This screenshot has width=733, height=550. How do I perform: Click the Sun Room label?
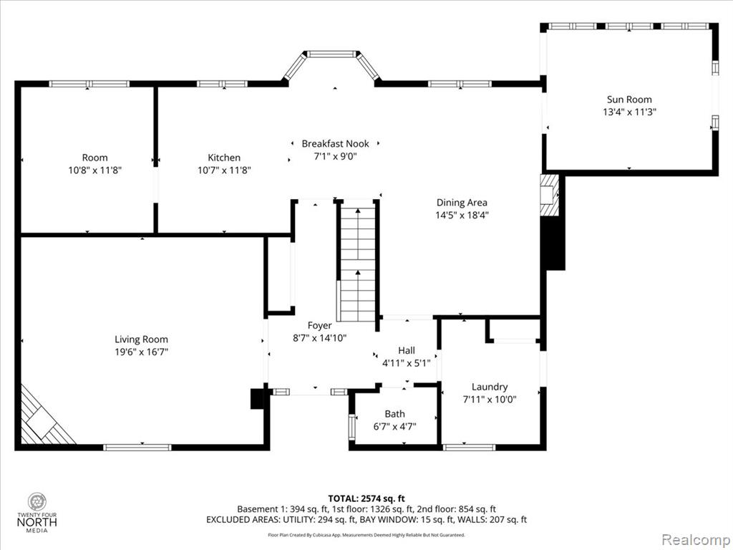tap(628, 99)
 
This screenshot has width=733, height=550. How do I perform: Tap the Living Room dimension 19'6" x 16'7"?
tap(141, 352)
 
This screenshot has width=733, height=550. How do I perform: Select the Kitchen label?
tap(224, 158)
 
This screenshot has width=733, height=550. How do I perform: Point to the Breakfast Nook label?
tap(335, 143)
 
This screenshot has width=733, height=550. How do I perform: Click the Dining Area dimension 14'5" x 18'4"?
tap(462, 215)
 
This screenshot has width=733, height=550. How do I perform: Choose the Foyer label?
tap(320, 326)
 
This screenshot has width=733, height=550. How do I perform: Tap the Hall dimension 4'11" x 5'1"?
tap(407, 363)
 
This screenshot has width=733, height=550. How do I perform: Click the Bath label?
tap(394, 414)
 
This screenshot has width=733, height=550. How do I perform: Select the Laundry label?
tap(490, 387)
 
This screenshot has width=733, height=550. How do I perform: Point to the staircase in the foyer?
tap(356, 261)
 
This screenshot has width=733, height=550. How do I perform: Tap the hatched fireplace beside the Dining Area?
tap(549, 195)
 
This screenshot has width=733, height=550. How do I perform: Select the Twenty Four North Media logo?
tap(37, 513)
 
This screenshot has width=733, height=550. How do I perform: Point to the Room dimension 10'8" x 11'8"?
tap(95, 170)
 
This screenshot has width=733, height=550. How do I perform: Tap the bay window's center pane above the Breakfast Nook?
tap(331, 54)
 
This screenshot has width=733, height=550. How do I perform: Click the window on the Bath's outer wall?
tap(352, 426)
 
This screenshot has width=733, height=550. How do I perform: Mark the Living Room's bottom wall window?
tap(137, 448)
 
